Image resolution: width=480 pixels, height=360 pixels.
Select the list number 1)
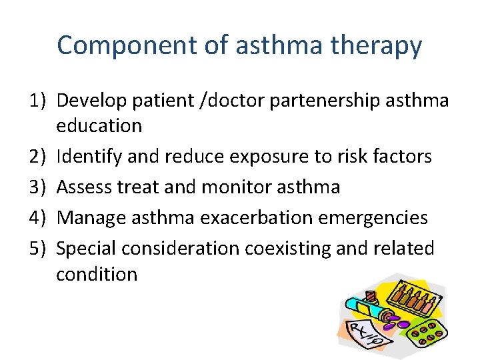[x=39, y=100]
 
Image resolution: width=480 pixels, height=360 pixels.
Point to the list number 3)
[x=39, y=187]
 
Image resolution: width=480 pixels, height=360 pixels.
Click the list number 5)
[x=39, y=248]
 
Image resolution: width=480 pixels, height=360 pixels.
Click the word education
[x=99, y=125]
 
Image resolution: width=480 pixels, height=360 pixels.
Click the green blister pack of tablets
[x=427, y=333]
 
